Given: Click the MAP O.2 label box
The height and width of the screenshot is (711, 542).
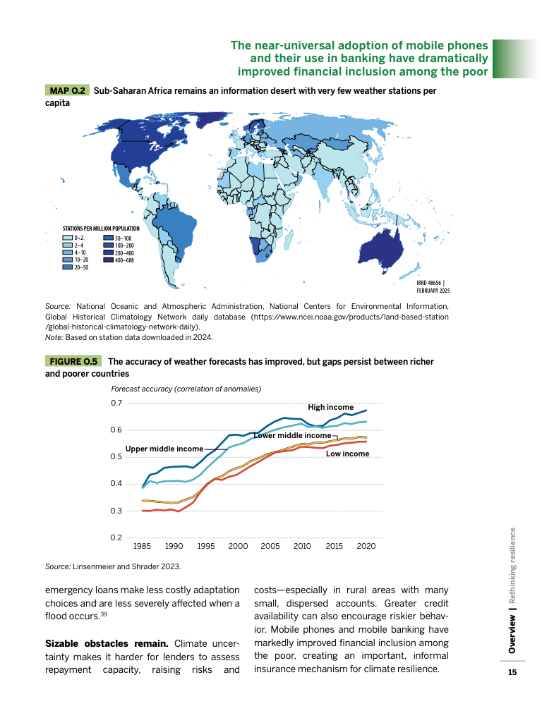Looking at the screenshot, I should tap(67, 91).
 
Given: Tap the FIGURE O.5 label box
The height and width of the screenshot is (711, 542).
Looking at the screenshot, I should tap(73, 362).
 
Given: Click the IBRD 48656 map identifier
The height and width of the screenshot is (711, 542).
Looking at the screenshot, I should tap(433, 282).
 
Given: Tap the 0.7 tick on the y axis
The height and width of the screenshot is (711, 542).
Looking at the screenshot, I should tap(117, 403).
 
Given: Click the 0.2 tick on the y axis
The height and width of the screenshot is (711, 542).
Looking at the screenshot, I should tap(117, 537).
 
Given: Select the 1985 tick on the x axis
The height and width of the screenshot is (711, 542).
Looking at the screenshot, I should tap(142, 546).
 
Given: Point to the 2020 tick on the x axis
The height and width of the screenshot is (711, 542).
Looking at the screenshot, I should tap(366, 546).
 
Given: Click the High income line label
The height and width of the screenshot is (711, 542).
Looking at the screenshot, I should tap(331, 408).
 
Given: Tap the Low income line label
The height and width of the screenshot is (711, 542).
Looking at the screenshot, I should tap(347, 454).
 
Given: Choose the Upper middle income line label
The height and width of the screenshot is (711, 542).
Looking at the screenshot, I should tap(164, 449).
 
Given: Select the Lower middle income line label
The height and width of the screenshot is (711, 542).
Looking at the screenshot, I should tap(291, 436).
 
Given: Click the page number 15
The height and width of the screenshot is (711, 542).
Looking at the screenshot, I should tap(512, 673).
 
